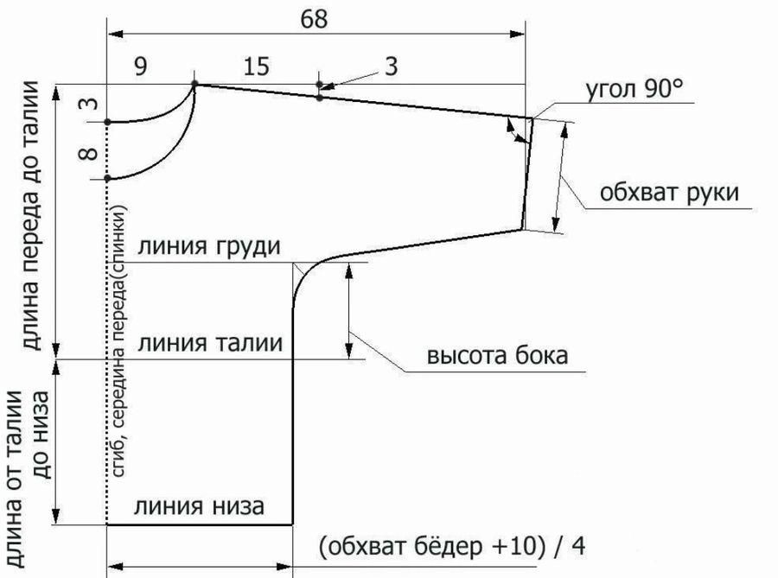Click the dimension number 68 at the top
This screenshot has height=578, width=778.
pos(314,19)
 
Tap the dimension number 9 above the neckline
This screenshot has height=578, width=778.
pos(141,66)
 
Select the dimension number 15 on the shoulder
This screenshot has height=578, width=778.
pos(256,66)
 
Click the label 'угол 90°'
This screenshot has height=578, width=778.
pos(635,90)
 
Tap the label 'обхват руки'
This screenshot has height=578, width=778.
pos(669,192)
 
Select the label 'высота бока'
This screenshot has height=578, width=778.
pos(498,355)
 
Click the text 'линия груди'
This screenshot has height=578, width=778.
pos(209,246)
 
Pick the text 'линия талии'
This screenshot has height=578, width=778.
pos(210,343)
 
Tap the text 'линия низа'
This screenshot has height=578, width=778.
pos(199,506)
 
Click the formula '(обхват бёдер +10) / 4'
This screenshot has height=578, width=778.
pos(451,546)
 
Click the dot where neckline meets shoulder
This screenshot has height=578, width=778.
pos(194,84)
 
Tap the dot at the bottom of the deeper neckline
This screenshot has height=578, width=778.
pos(107,178)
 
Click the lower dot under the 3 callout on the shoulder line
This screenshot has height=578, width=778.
pos(320,98)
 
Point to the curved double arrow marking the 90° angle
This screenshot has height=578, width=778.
pos(516,131)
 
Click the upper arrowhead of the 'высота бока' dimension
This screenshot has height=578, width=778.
pos(349,270)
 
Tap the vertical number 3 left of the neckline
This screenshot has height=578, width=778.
pos(89,104)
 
